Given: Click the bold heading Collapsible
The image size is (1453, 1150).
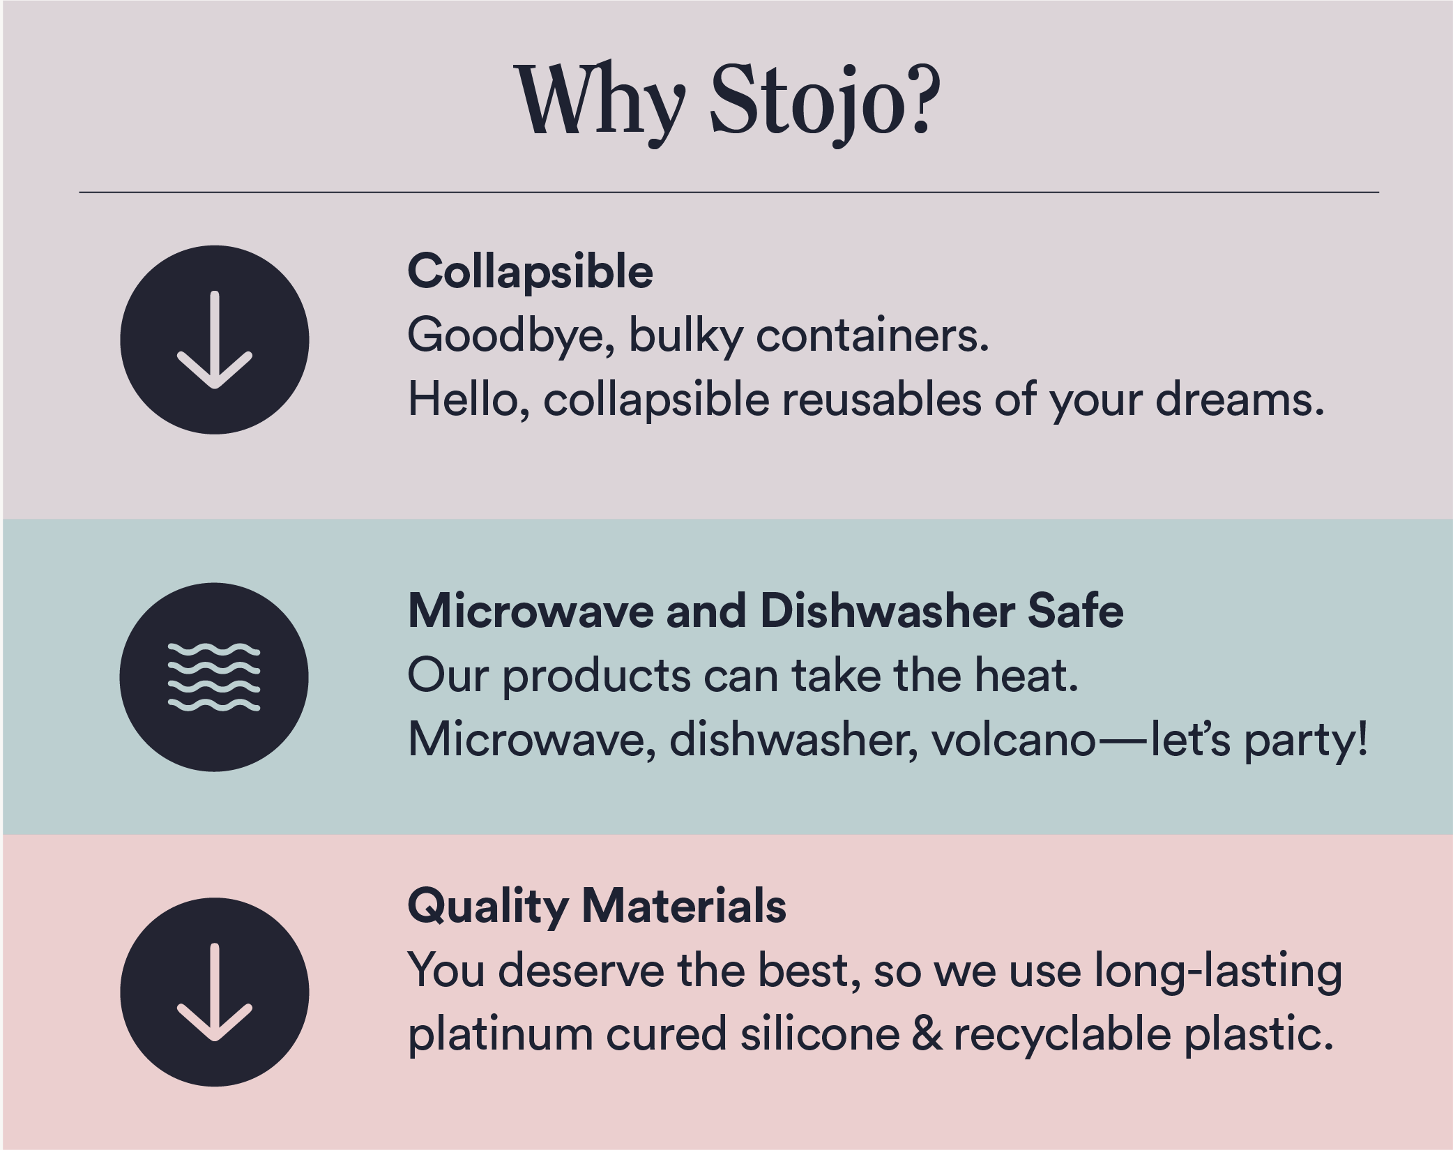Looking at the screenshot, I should click(x=530, y=271).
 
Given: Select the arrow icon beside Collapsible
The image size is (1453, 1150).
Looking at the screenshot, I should click(x=214, y=340).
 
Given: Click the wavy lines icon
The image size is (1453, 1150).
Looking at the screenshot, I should click(x=214, y=677).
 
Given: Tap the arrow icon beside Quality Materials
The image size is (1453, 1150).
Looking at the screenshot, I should click(x=214, y=992).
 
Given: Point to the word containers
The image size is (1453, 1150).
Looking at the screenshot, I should click(x=872, y=336).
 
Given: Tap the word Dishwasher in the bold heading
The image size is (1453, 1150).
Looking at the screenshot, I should click(x=886, y=611).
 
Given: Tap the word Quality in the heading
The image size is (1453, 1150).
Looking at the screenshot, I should click(x=487, y=907).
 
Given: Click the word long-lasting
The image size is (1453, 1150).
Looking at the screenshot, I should click(x=1217, y=971).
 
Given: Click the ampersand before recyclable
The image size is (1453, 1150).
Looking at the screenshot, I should click(x=927, y=1034).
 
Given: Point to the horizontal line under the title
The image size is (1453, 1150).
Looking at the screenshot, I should click(x=729, y=192).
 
